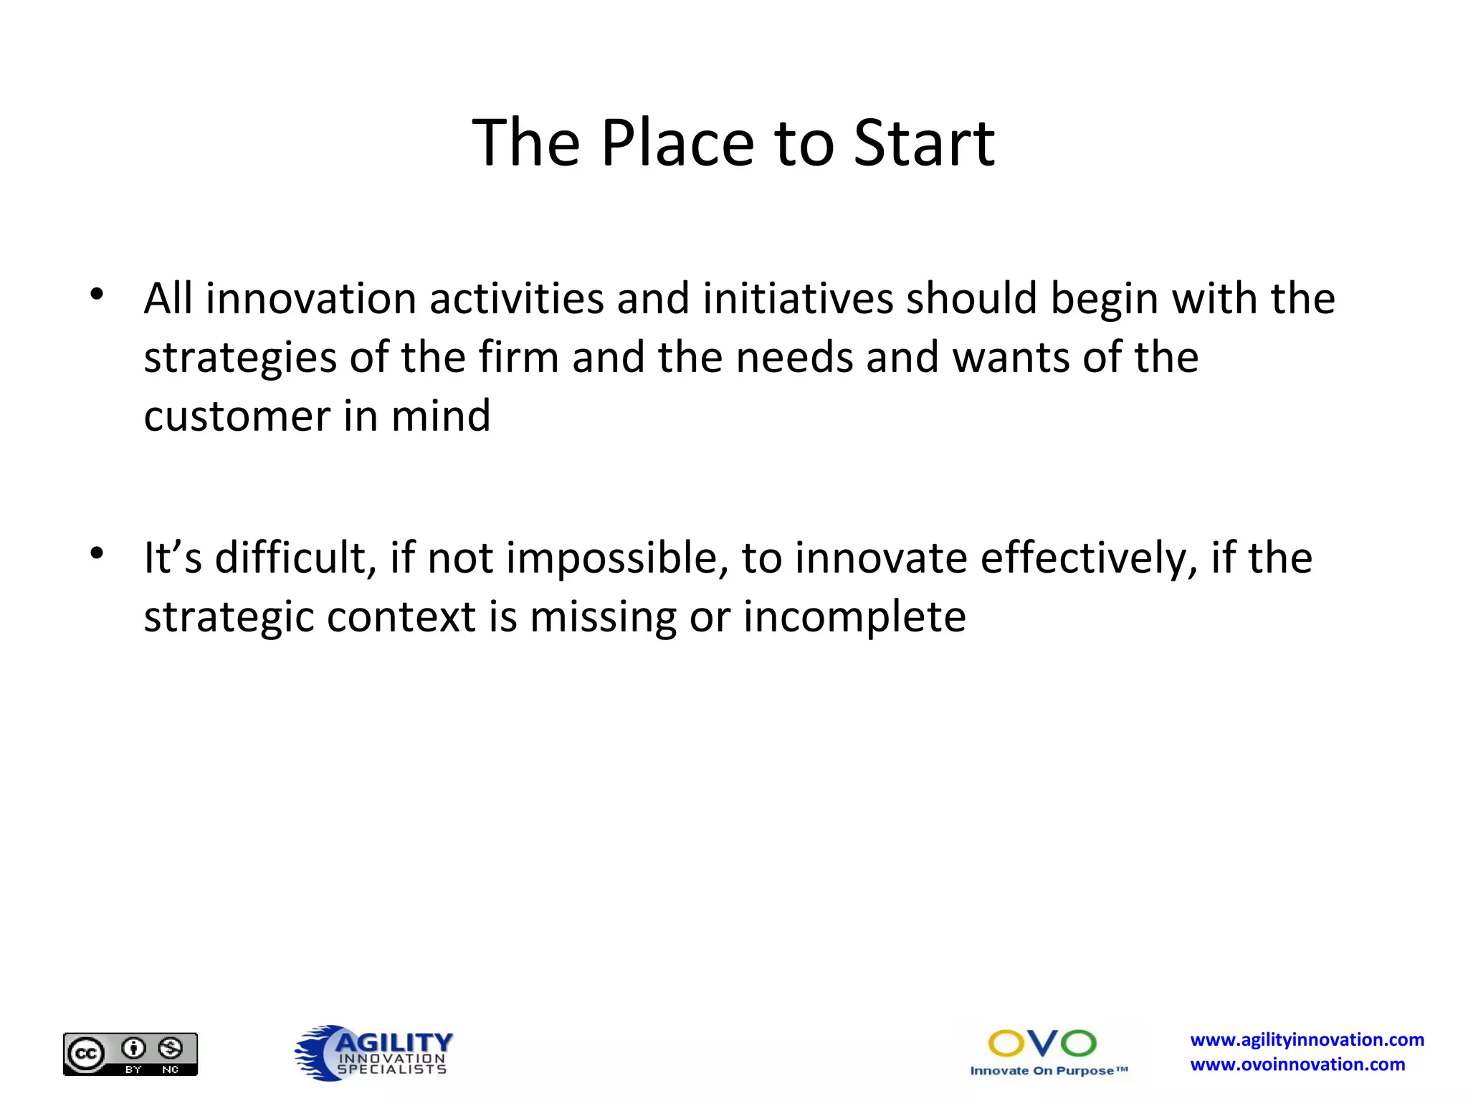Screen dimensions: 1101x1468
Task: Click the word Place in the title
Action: pos(677,143)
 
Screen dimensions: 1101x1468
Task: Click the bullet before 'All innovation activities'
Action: pos(97,295)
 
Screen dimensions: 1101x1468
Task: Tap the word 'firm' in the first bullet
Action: pos(518,357)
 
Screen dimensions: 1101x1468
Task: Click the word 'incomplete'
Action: pos(854,617)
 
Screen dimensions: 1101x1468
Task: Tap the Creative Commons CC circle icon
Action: pos(86,1054)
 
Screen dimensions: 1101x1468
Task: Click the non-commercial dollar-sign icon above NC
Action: pos(171,1049)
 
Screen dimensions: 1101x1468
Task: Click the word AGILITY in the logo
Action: pos(394,1042)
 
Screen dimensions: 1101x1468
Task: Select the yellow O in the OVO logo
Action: pos(1006,1044)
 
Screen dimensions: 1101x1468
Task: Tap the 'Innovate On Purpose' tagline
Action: pos(1048,1071)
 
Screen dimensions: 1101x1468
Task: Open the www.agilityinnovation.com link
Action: pos(1307,1040)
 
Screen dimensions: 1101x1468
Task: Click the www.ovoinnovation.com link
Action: pos(1297,1065)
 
